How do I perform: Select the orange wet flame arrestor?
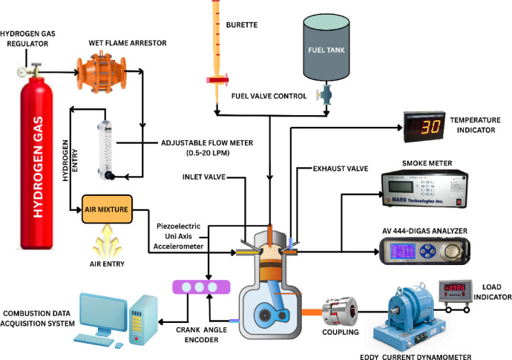[102, 71]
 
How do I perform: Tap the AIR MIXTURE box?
[107, 209]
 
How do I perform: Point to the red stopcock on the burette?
[217, 79]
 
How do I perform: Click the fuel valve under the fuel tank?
[324, 95]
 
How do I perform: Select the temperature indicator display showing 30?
[424, 126]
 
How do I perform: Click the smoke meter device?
[425, 189]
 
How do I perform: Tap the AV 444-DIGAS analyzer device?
[424, 251]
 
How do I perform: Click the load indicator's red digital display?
[455, 287]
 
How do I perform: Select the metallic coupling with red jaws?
[340, 311]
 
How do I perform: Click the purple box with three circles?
[201, 287]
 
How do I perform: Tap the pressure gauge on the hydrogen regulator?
[22, 71]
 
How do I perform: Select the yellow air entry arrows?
[107, 241]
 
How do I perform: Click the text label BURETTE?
[242, 24]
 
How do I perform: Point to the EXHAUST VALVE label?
[341, 168]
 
